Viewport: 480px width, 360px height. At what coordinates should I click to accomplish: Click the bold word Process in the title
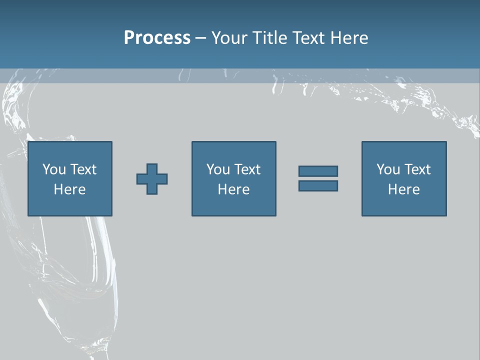pos(157,38)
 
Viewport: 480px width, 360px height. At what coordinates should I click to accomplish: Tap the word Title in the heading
pos(270,38)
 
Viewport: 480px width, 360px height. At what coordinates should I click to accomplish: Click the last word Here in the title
pos(349,38)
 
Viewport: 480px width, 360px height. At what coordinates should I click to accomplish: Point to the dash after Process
pos(200,38)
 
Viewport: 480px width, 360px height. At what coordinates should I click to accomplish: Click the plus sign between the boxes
pos(152,179)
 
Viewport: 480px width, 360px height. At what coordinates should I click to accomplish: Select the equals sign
pos(318,178)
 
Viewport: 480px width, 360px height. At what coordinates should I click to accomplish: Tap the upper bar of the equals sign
pos(318,171)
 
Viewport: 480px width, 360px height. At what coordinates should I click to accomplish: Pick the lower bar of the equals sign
pos(318,186)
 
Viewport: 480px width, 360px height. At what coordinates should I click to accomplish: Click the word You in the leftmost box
pos(54,169)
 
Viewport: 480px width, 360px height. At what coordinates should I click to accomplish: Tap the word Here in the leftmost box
pos(70,189)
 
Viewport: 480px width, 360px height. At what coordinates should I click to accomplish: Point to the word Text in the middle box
pos(247,169)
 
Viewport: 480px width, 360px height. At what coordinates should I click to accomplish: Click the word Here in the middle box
pos(234,189)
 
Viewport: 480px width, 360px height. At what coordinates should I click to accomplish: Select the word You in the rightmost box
pos(388,169)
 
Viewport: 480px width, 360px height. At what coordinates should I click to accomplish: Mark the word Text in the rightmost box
pos(417,169)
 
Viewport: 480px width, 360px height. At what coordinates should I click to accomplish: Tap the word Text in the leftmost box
pos(83,169)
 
